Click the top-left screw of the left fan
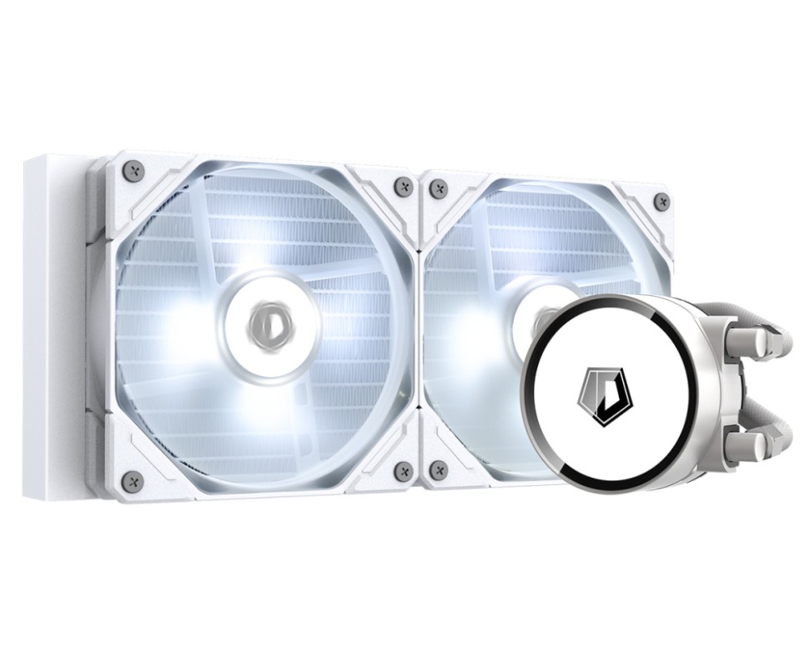133,171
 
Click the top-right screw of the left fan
404,186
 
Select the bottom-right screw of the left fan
404,471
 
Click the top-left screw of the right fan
438,188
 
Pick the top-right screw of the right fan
661,201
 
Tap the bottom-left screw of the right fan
438,470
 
